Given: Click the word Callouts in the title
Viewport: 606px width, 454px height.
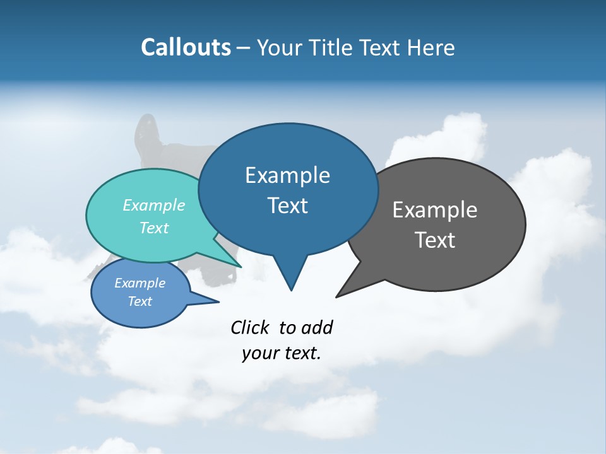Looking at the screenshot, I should coord(186,47).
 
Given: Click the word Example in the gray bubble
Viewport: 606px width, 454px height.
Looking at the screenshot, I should coord(435,210).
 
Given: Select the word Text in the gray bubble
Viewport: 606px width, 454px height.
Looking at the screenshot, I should coord(435,240).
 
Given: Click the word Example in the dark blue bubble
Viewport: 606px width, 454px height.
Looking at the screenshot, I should coord(288,175).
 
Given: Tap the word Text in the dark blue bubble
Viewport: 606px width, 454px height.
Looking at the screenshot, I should coord(288,206).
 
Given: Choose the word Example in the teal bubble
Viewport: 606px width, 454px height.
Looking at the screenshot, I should coord(154,205).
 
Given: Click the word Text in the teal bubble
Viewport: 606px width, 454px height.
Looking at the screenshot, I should coord(154,228).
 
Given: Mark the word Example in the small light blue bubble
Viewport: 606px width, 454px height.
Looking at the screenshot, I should coord(140,283).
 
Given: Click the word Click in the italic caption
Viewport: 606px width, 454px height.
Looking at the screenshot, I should coord(251,327).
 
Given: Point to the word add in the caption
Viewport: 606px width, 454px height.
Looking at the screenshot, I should coord(316,327).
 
